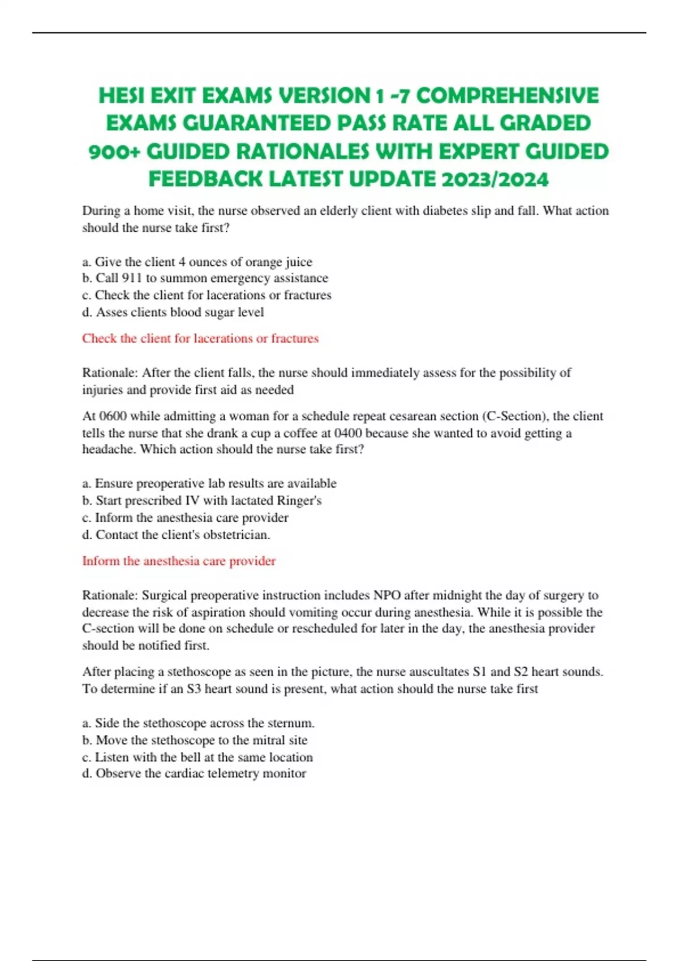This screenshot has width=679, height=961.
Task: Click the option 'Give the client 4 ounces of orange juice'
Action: click(197, 262)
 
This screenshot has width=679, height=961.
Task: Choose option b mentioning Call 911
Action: click(205, 278)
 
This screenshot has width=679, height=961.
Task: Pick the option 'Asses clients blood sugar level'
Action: click(173, 312)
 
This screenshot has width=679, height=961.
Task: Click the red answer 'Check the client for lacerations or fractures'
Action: click(200, 339)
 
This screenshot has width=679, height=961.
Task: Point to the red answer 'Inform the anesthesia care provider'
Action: click(179, 561)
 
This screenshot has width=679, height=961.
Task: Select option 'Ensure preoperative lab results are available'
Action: click(209, 483)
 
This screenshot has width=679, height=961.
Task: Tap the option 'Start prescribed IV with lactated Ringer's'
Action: click(202, 500)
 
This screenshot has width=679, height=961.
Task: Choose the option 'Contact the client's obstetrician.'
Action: click(177, 535)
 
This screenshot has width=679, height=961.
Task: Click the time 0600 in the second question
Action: click(113, 416)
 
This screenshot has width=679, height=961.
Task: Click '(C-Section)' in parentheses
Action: click(515, 416)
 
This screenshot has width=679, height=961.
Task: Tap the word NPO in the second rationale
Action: click(387, 595)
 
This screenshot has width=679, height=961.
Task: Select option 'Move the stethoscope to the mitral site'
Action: click(195, 740)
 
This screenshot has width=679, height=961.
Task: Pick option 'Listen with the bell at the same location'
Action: click(197, 757)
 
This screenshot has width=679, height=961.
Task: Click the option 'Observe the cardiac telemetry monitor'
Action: click(194, 773)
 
